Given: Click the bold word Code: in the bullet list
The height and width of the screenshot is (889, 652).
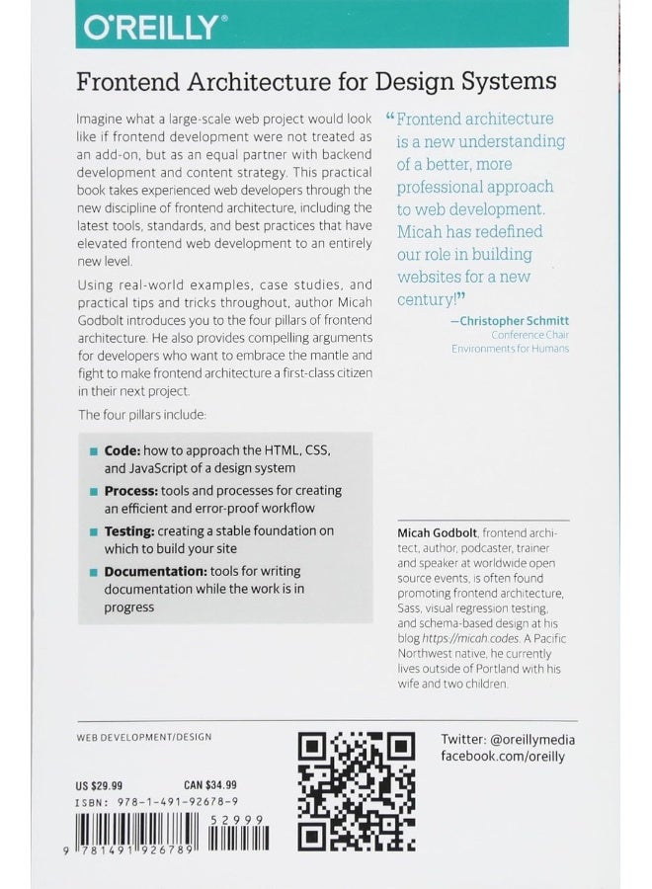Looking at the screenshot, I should (123, 447).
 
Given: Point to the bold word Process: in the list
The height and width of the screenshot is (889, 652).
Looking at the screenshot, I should (131, 490).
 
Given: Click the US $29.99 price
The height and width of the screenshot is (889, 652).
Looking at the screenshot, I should (102, 783).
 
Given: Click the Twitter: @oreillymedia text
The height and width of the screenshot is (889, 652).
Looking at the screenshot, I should (509, 740).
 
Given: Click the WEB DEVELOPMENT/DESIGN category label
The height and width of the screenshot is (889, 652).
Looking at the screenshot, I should (143, 737).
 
